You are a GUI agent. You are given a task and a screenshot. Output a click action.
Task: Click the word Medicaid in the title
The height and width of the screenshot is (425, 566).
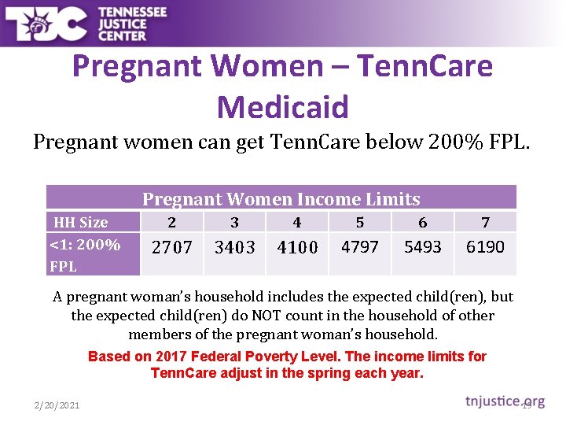tap(282, 106)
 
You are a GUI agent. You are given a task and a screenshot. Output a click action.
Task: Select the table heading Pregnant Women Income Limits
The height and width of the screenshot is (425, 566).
tap(281, 199)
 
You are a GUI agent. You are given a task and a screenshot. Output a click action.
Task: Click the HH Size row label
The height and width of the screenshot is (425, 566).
tap(80, 222)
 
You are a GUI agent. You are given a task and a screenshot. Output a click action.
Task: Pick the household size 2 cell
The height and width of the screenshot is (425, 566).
tap(171, 222)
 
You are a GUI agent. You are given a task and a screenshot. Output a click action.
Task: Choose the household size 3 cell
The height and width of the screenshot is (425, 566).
tap(234, 222)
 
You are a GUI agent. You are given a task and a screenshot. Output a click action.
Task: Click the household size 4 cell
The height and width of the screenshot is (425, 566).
tap(297, 222)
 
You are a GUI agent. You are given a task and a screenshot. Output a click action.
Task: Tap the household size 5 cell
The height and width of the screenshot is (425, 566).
tap(360, 222)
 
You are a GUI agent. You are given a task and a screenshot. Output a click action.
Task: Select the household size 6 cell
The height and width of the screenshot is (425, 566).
tap(423, 222)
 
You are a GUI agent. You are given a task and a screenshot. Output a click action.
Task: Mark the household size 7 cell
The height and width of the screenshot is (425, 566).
tap(485, 222)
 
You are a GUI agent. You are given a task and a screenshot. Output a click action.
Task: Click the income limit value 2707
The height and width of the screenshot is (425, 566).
tap(171, 247)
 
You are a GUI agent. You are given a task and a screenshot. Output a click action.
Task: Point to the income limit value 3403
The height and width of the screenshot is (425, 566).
tap(234, 247)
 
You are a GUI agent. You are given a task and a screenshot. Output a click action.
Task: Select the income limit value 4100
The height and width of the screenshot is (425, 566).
tap(297, 247)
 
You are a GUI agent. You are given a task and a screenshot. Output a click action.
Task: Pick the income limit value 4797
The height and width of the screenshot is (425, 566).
tap(360, 246)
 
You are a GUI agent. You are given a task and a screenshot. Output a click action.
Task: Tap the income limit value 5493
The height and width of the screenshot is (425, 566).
tap(423, 246)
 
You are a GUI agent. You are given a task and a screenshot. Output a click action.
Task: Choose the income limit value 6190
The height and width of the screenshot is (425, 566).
tap(485, 246)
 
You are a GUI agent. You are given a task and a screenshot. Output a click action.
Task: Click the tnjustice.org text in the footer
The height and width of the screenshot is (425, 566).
tap(504, 401)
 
